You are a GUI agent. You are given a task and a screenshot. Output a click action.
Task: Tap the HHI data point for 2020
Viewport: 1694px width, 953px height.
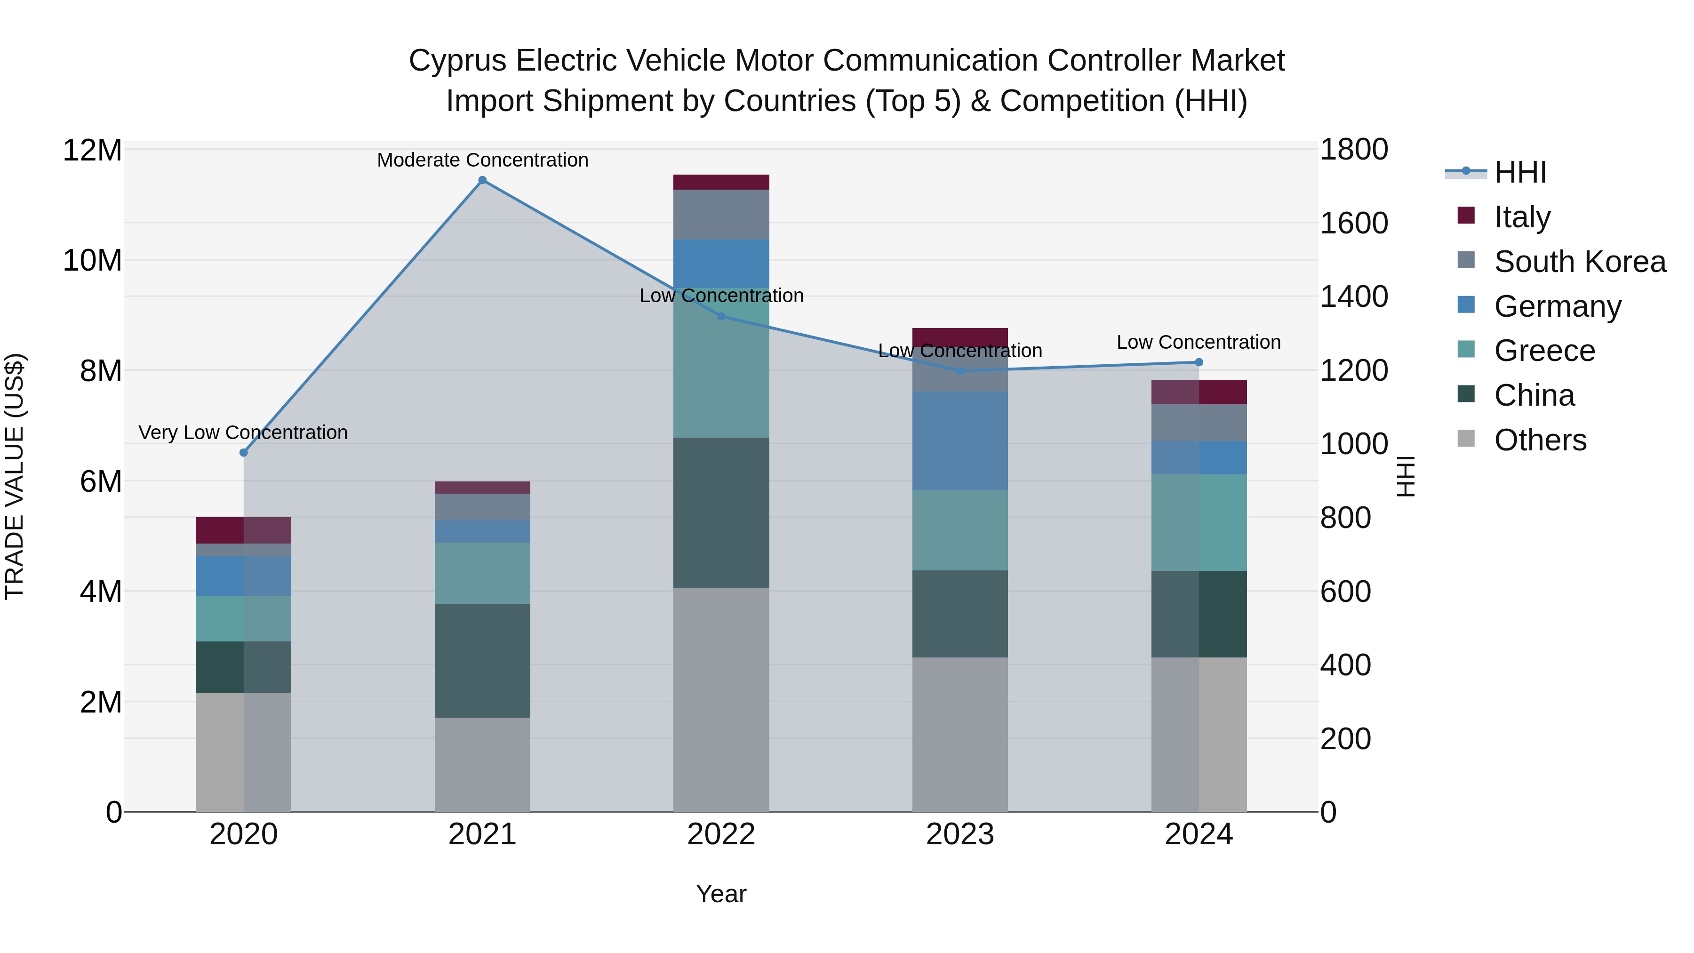[243, 452]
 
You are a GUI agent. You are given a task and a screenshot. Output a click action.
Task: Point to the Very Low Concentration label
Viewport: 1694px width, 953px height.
[243, 433]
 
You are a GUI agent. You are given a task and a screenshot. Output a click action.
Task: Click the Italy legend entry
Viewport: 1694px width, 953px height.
[1522, 217]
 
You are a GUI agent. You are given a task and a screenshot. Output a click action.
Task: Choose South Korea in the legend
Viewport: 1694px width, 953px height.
[1580, 262]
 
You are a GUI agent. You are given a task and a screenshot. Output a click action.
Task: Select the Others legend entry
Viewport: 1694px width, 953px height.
[1540, 440]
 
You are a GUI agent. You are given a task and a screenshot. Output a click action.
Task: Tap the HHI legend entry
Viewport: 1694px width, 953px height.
[1520, 172]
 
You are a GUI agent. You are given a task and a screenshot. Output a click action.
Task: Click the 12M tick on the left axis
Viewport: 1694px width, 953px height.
[92, 151]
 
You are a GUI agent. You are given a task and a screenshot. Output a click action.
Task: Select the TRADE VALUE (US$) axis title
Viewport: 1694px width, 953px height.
[15, 476]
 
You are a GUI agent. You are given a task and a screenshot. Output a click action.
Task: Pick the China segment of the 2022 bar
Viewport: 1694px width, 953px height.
[721, 513]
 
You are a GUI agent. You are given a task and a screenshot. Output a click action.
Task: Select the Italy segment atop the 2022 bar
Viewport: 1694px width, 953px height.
[721, 182]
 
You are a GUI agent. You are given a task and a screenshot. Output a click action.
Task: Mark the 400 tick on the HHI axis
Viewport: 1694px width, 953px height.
[1345, 665]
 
